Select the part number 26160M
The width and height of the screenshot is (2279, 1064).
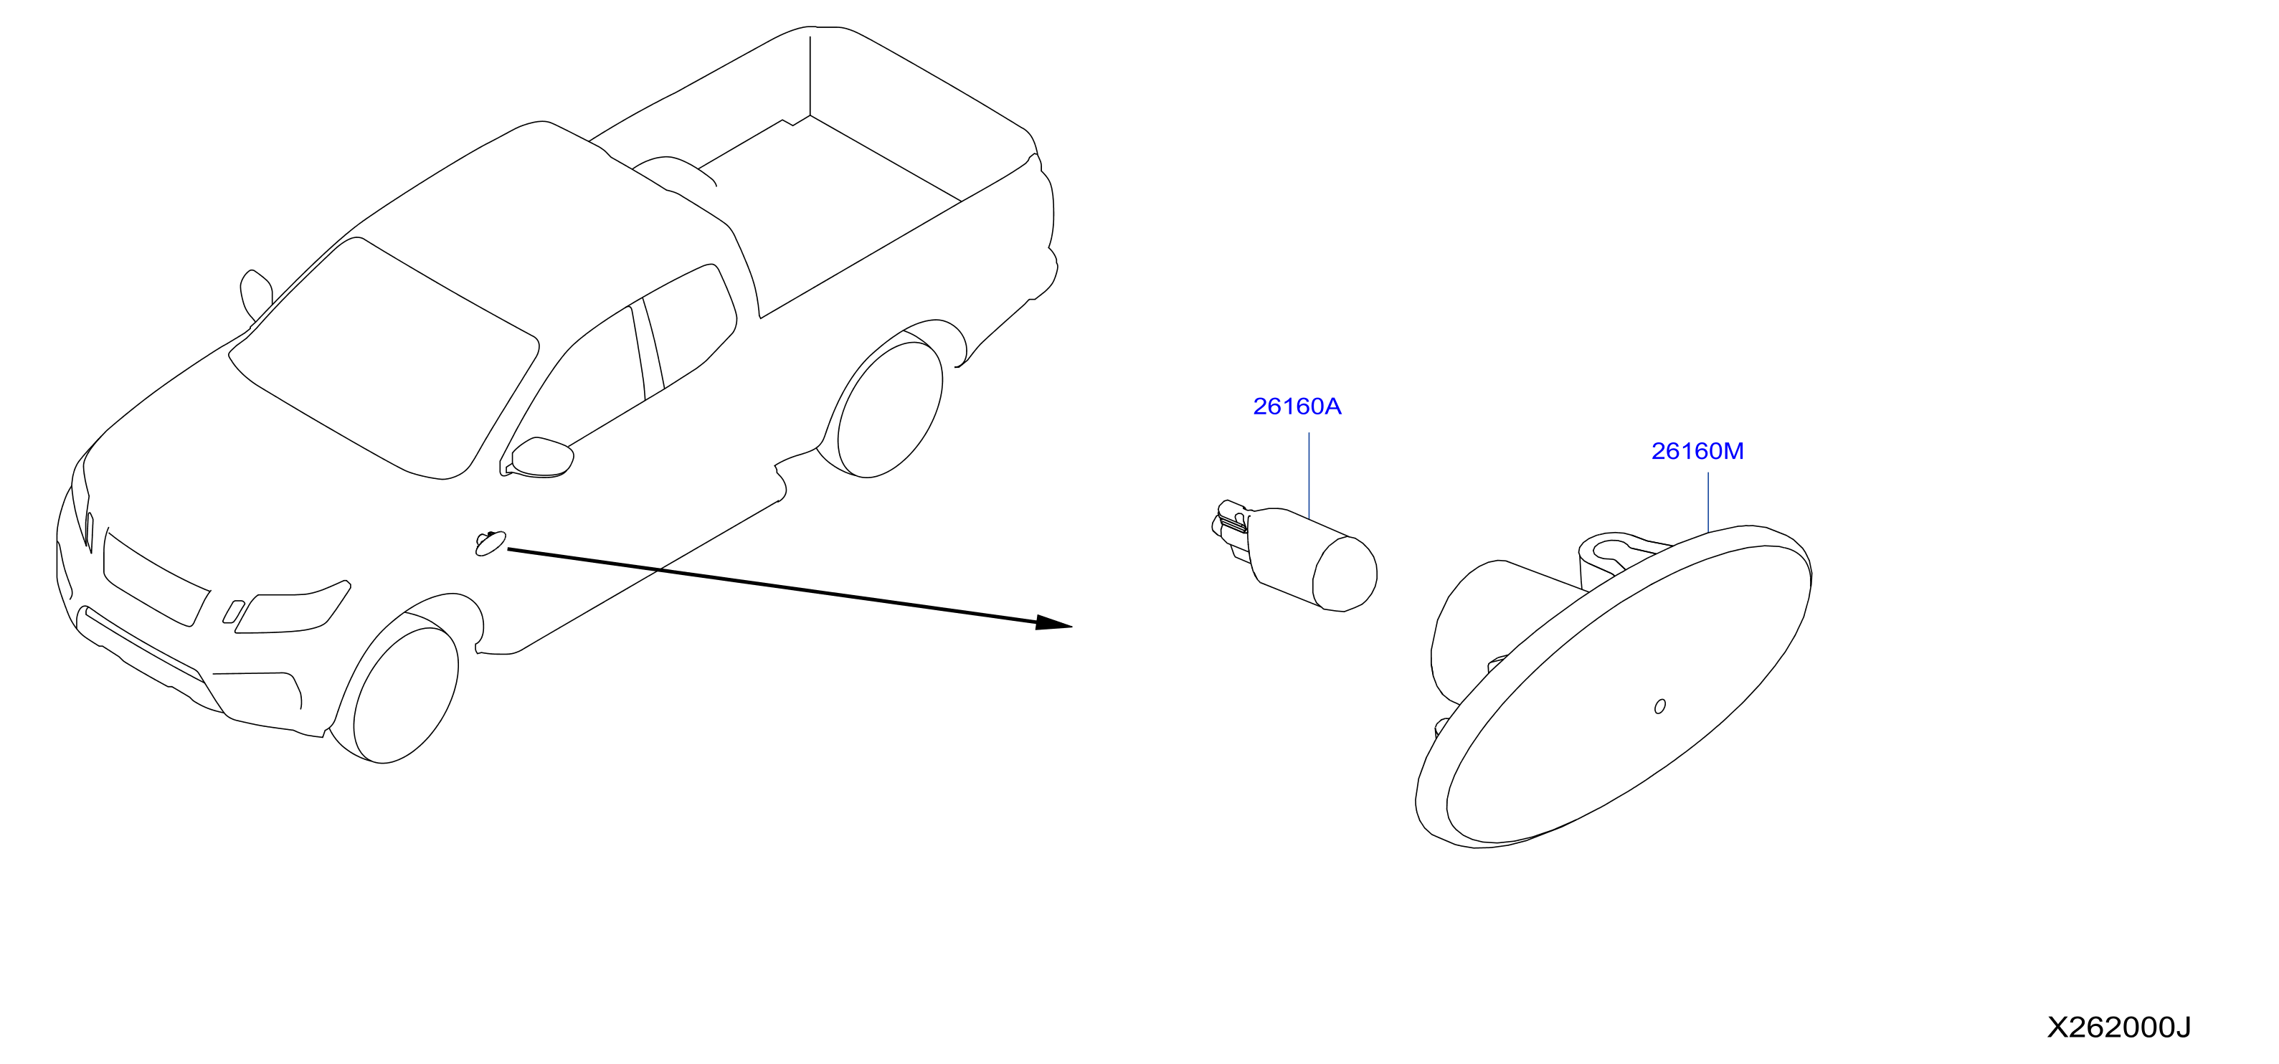(1697, 452)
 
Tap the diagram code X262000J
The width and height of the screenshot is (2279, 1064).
(2119, 1027)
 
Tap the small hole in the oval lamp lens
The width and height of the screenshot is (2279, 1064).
(1659, 706)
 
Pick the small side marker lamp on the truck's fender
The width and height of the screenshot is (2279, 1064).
(490, 542)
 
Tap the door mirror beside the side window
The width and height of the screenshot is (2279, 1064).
(542, 457)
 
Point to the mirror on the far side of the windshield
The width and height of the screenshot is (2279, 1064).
(256, 295)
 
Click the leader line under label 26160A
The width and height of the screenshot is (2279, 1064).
(1309, 475)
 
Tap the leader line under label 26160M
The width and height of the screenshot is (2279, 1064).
(1707, 503)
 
